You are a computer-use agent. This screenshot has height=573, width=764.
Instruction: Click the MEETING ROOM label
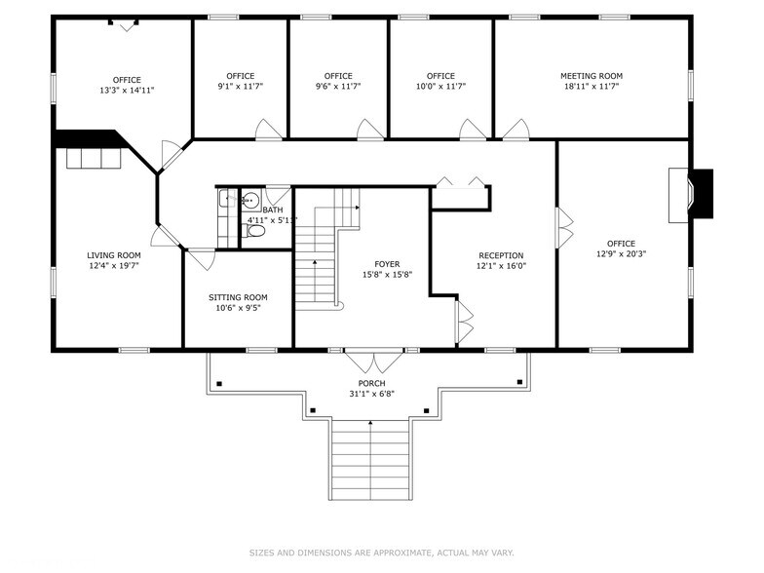591,76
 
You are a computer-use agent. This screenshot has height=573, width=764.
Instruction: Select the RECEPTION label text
500,255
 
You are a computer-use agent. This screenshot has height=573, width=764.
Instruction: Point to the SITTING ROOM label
238,297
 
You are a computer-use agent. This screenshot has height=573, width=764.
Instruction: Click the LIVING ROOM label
114,255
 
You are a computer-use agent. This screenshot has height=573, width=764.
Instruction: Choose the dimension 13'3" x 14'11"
127,90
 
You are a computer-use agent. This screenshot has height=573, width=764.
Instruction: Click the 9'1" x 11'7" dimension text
240,86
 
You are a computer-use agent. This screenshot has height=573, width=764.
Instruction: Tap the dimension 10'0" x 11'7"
440,86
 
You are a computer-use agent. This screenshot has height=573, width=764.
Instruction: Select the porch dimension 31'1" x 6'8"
370,394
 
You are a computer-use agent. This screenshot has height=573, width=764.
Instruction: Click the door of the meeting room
516,130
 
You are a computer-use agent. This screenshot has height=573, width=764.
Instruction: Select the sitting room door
202,258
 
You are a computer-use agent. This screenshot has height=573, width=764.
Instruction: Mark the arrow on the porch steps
370,424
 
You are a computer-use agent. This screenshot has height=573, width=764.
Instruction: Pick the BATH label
273,210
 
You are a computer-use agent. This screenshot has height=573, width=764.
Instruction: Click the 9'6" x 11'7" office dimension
338,86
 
